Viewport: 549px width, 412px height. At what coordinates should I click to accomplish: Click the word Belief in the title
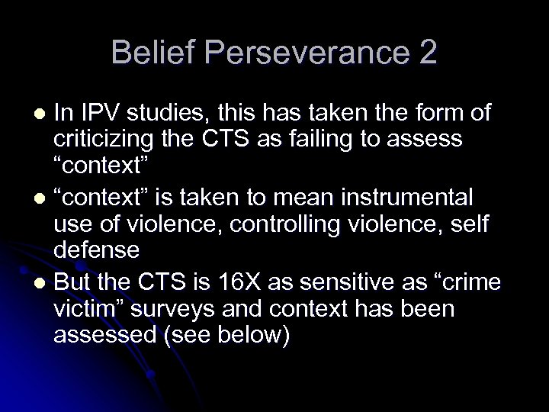pyautogui.click(x=149, y=53)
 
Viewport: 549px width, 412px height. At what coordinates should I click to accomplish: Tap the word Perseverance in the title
pyautogui.click(x=300, y=53)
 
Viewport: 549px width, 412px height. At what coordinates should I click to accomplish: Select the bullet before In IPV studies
pyautogui.click(x=42, y=114)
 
